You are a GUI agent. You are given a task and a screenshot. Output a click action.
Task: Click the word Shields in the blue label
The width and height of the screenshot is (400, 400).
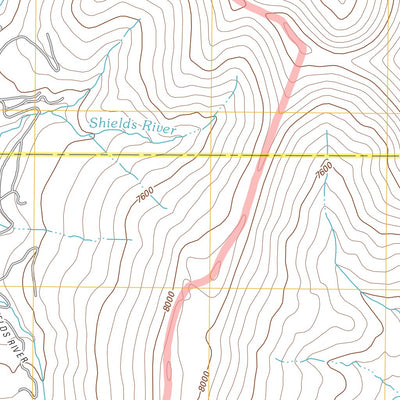click(113, 123)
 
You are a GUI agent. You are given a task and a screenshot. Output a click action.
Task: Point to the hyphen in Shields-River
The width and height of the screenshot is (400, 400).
click(141, 125)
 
